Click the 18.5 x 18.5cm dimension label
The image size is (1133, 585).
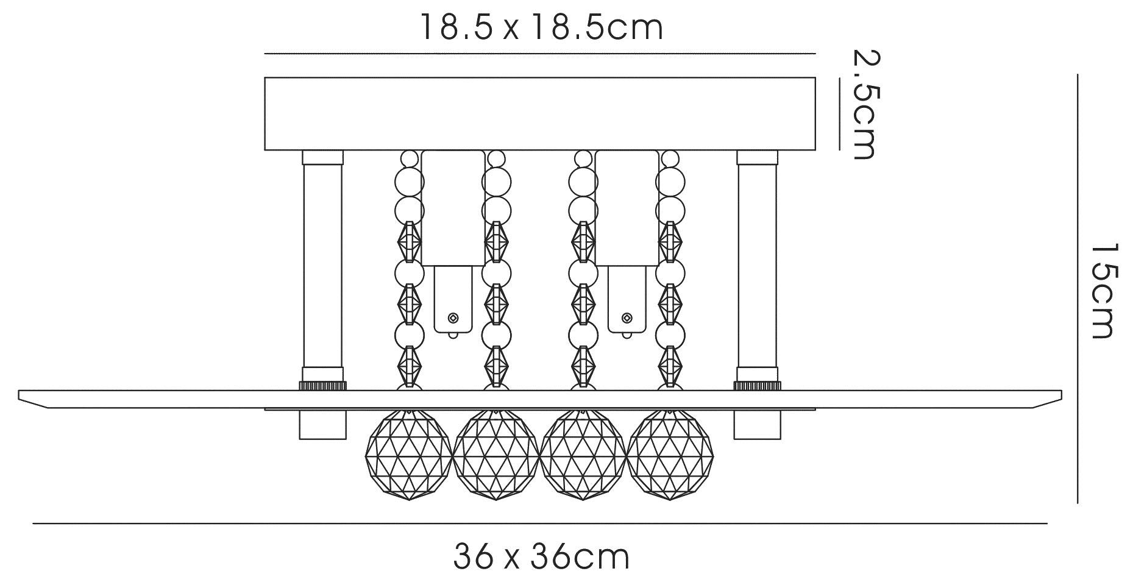(541, 28)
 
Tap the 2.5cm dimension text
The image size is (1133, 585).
(865, 105)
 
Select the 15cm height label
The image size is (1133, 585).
(1102, 291)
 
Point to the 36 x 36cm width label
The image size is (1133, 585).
(542, 556)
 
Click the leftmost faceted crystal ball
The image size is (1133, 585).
(408, 455)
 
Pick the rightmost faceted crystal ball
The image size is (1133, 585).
(670, 455)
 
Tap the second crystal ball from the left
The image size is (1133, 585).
(495, 455)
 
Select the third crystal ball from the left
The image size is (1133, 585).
(583, 455)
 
